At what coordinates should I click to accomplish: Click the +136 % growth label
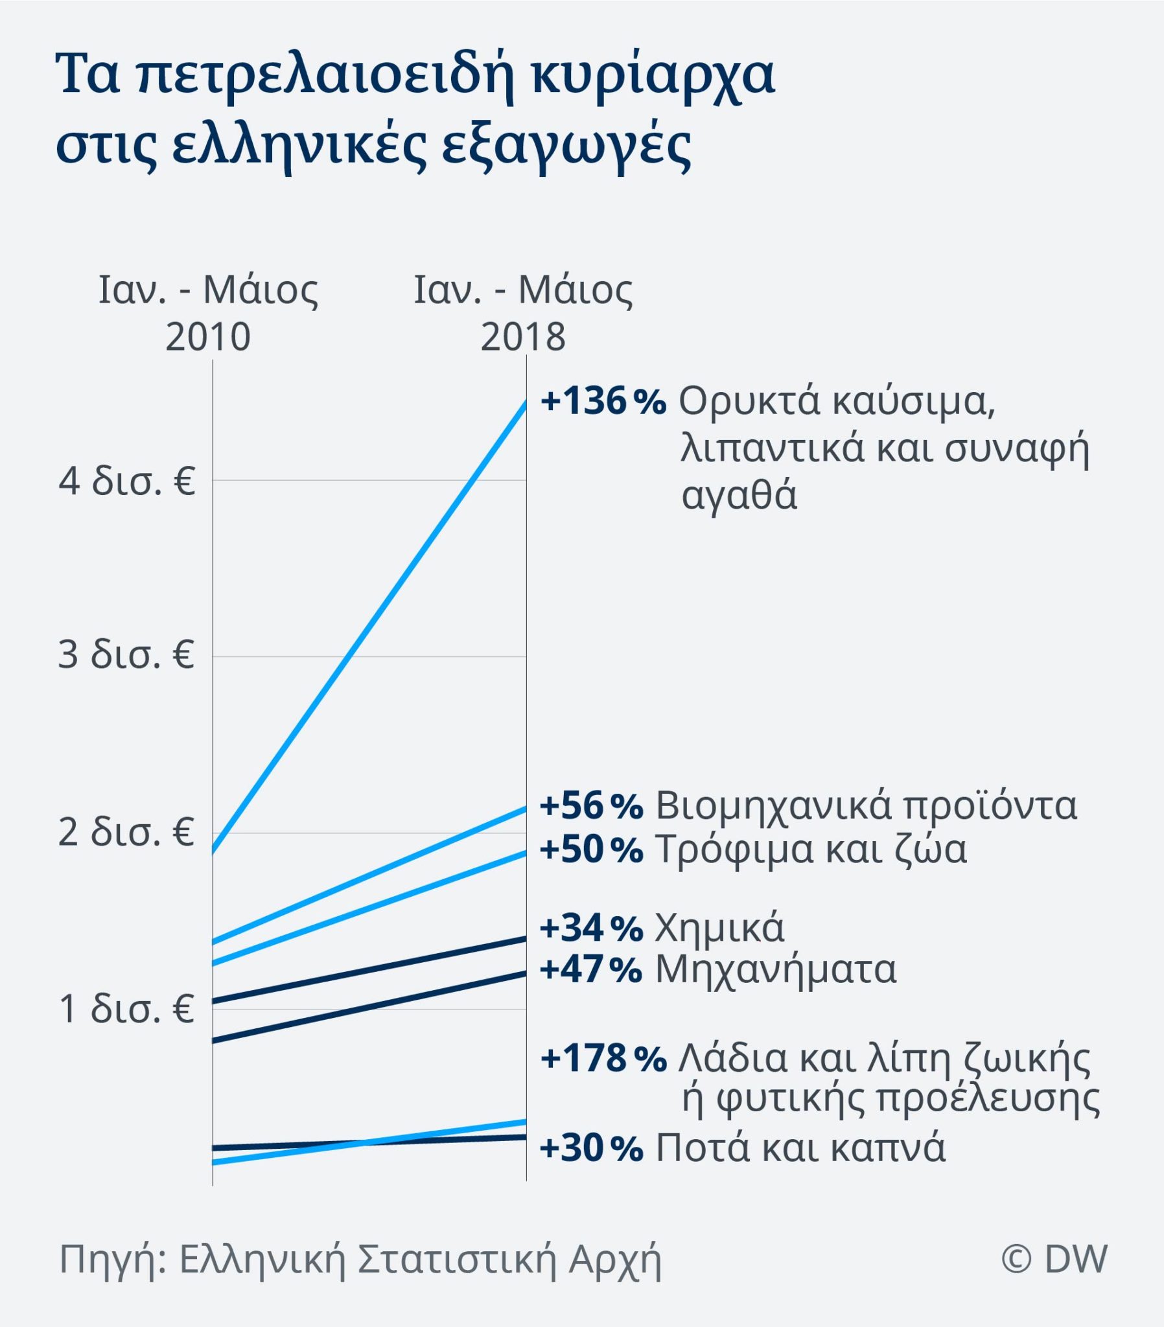pos(603,401)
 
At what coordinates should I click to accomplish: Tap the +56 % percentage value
pos(591,806)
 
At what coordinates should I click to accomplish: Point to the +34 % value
pos(591,928)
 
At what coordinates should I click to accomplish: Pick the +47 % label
pos(591,970)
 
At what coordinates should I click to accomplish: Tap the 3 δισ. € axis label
pos(126,656)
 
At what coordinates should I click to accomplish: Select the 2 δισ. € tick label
pos(126,833)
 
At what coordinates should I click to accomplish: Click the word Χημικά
pos(719,928)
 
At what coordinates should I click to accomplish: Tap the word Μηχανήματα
pos(776,970)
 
